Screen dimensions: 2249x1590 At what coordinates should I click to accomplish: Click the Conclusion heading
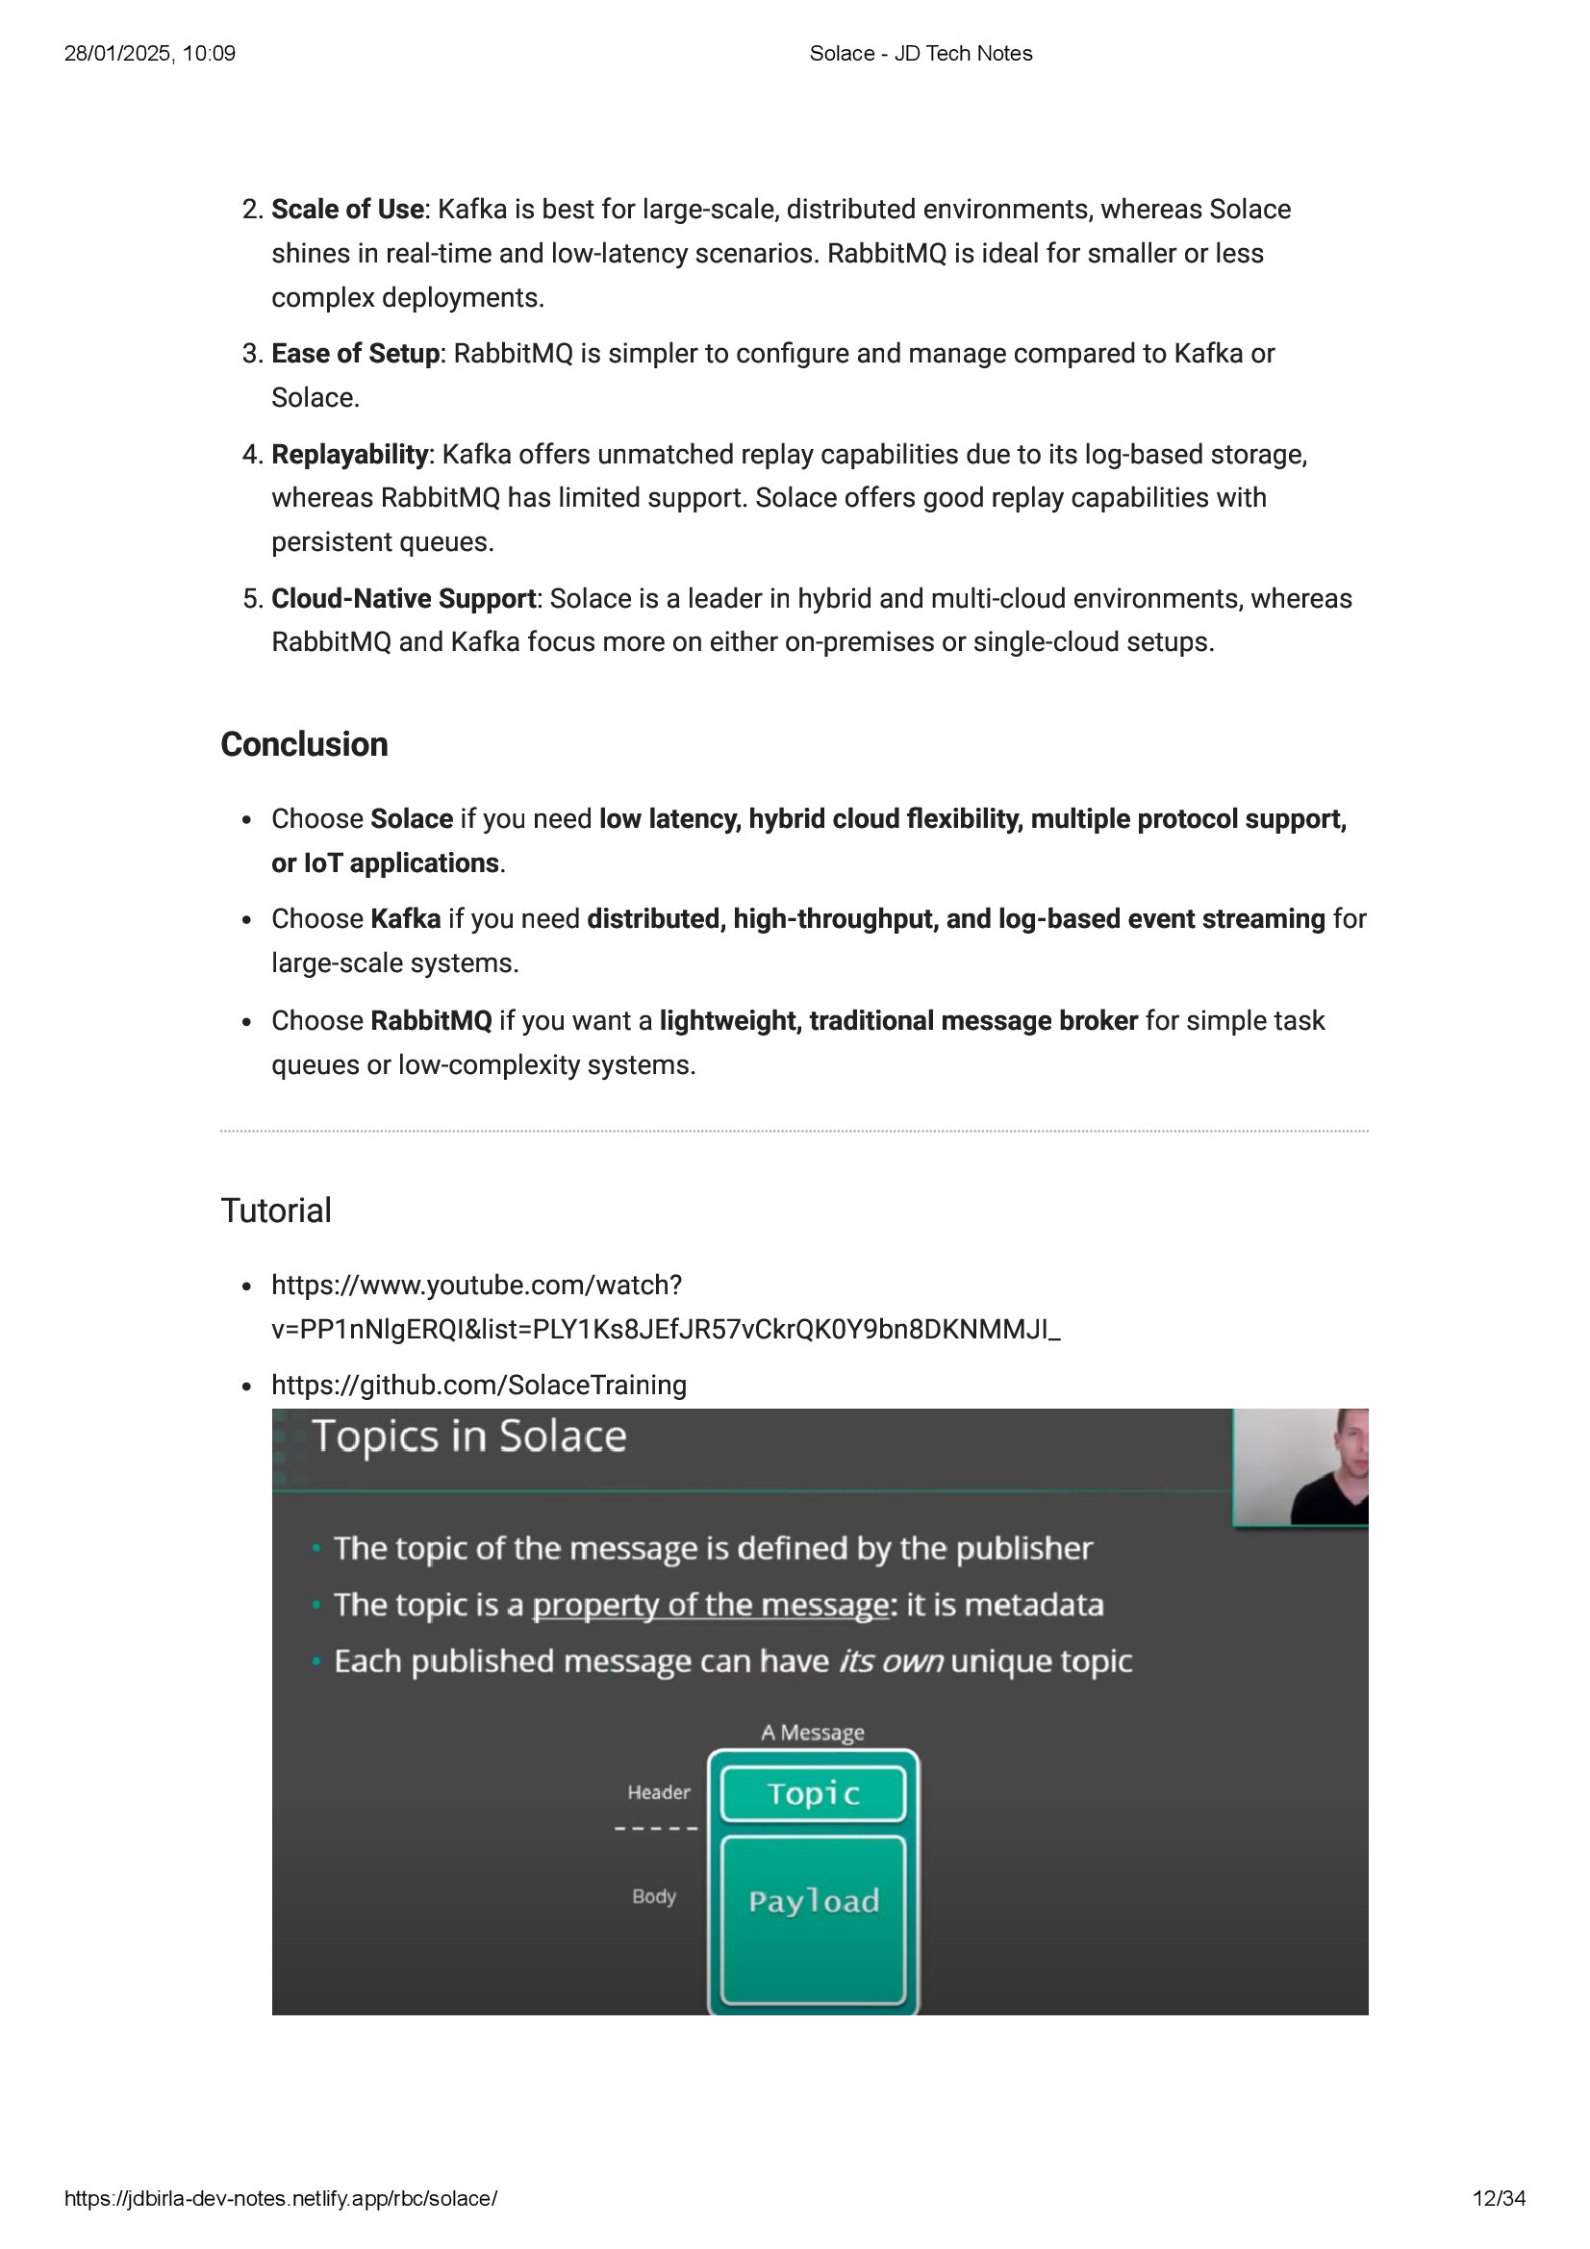pos(304,744)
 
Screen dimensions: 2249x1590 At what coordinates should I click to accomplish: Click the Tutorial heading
pos(275,1211)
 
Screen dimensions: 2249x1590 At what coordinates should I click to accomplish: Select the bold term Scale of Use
pos(347,210)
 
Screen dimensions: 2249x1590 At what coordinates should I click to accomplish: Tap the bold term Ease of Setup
pos(355,354)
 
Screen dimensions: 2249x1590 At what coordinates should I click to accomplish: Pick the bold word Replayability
pos(349,455)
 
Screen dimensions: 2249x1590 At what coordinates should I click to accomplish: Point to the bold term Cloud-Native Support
pos(403,598)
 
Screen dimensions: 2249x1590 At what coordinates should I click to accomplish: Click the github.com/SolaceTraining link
pos(478,1385)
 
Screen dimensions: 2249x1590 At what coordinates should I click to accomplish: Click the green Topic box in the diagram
pos(812,1793)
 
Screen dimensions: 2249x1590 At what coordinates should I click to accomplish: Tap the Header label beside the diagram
pos(658,1792)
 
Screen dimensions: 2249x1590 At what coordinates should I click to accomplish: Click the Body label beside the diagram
pos(653,1896)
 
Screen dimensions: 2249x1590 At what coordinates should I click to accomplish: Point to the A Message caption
pos(812,1733)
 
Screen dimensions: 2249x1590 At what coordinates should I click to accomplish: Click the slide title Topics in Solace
pos(468,1437)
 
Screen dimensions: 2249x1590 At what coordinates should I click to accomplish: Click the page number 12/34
pos(1498,2198)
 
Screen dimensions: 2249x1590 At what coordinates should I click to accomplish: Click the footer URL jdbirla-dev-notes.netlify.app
pos(280,2198)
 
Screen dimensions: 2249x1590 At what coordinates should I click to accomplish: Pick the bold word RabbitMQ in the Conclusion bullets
pos(430,1021)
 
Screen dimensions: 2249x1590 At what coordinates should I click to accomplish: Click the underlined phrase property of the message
pos(709,1605)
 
